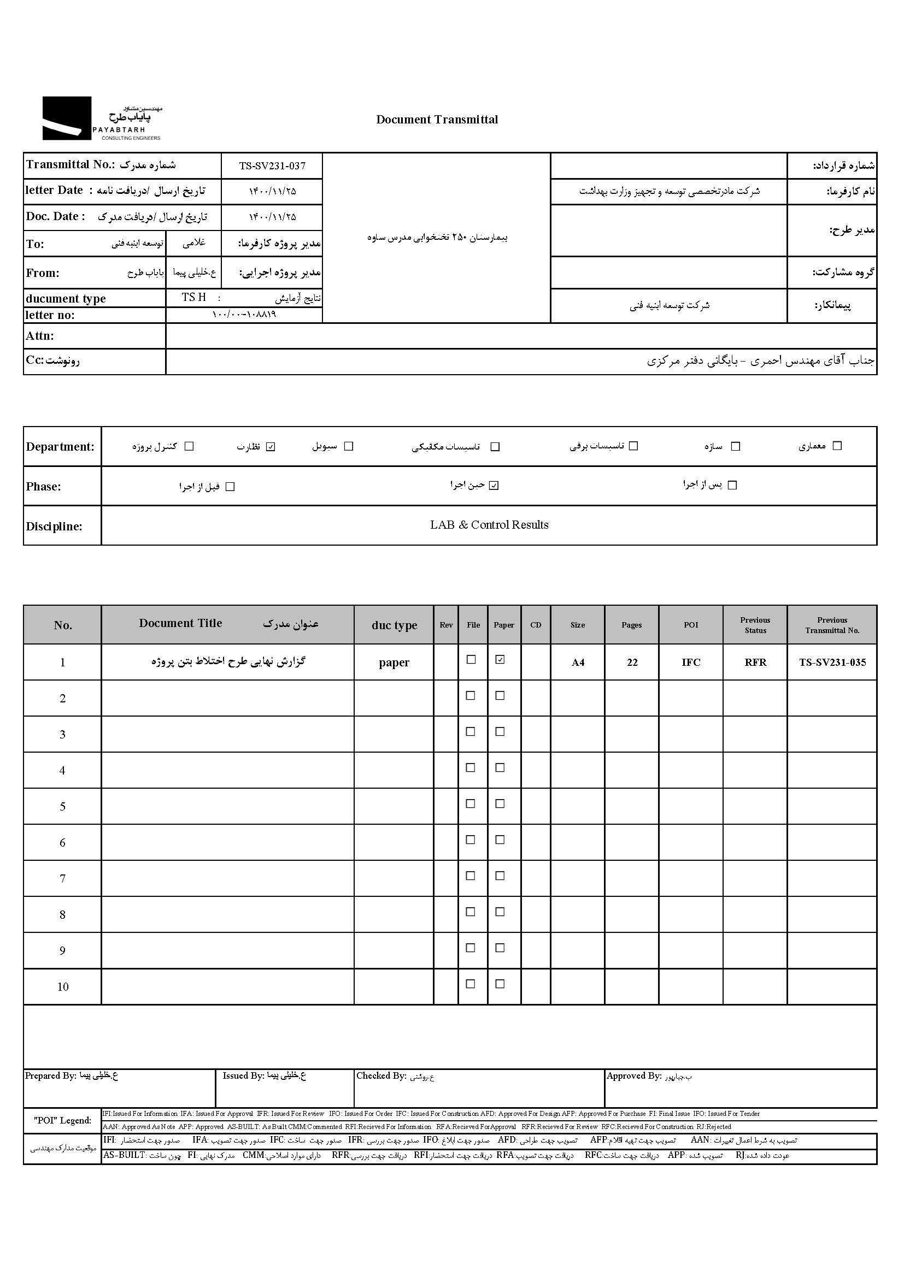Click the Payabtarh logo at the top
tap(102, 119)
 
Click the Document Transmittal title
tap(437, 120)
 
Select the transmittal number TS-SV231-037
tap(272, 165)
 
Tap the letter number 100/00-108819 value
tap(244, 315)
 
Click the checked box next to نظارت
tap(271, 447)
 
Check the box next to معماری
tap(837, 446)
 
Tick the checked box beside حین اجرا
tap(494, 486)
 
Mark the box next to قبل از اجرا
tap(230, 487)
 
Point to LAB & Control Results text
tap(489, 525)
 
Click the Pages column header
tap(631, 625)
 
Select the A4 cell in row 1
tap(578, 662)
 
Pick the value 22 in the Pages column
tap(632, 662)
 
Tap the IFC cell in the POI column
tap(691, 662)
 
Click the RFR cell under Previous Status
tap(755, 662)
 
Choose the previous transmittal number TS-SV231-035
tap(832, 662)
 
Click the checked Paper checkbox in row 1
tap(500, 660)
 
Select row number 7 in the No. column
tap(62, 878)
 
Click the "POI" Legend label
tap(62, 1120)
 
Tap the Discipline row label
tap(54, 526)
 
